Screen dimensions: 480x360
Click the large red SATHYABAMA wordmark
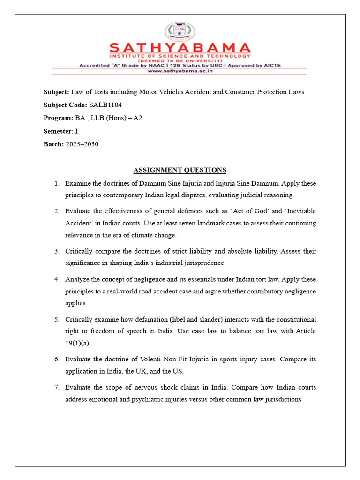180,48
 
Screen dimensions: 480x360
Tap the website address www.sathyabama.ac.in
180,72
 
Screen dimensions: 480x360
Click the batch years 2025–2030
82,144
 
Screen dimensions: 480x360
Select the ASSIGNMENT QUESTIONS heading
180,170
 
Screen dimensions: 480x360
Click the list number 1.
56,183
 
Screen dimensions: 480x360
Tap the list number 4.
56,279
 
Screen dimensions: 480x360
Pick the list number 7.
56,388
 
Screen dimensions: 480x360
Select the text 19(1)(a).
77,343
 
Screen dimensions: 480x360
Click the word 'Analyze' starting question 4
76,279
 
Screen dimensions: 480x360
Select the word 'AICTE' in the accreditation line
271,65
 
